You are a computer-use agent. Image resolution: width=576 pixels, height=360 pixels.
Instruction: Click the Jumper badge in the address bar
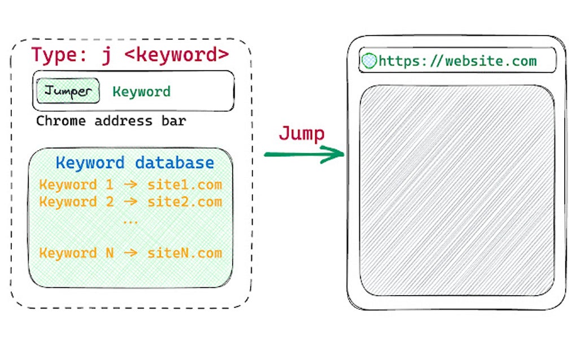68,91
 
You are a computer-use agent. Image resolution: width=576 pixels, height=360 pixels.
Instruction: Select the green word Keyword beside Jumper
141,91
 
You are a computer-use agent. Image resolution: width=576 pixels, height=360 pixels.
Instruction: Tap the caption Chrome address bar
111,121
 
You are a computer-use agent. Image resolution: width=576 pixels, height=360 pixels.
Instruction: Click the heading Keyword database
135,163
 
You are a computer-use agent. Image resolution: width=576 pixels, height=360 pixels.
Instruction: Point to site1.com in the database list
185,185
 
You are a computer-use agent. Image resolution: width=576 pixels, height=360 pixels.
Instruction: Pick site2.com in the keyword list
185,202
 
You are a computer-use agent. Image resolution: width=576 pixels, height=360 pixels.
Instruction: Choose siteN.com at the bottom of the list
185,253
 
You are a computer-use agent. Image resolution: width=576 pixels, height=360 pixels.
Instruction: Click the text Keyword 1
76,185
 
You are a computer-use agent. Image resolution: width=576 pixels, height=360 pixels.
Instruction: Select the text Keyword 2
76,202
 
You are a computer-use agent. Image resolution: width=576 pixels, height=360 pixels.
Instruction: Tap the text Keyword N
76,253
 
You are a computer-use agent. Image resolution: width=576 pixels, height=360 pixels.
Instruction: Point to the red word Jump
302,134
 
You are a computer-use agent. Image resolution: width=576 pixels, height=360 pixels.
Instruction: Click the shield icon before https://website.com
369,61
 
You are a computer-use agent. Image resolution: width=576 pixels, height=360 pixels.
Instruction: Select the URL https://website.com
457,61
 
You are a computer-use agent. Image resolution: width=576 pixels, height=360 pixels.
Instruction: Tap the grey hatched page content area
456,190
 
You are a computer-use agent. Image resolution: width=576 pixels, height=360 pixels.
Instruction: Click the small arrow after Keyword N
130,253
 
